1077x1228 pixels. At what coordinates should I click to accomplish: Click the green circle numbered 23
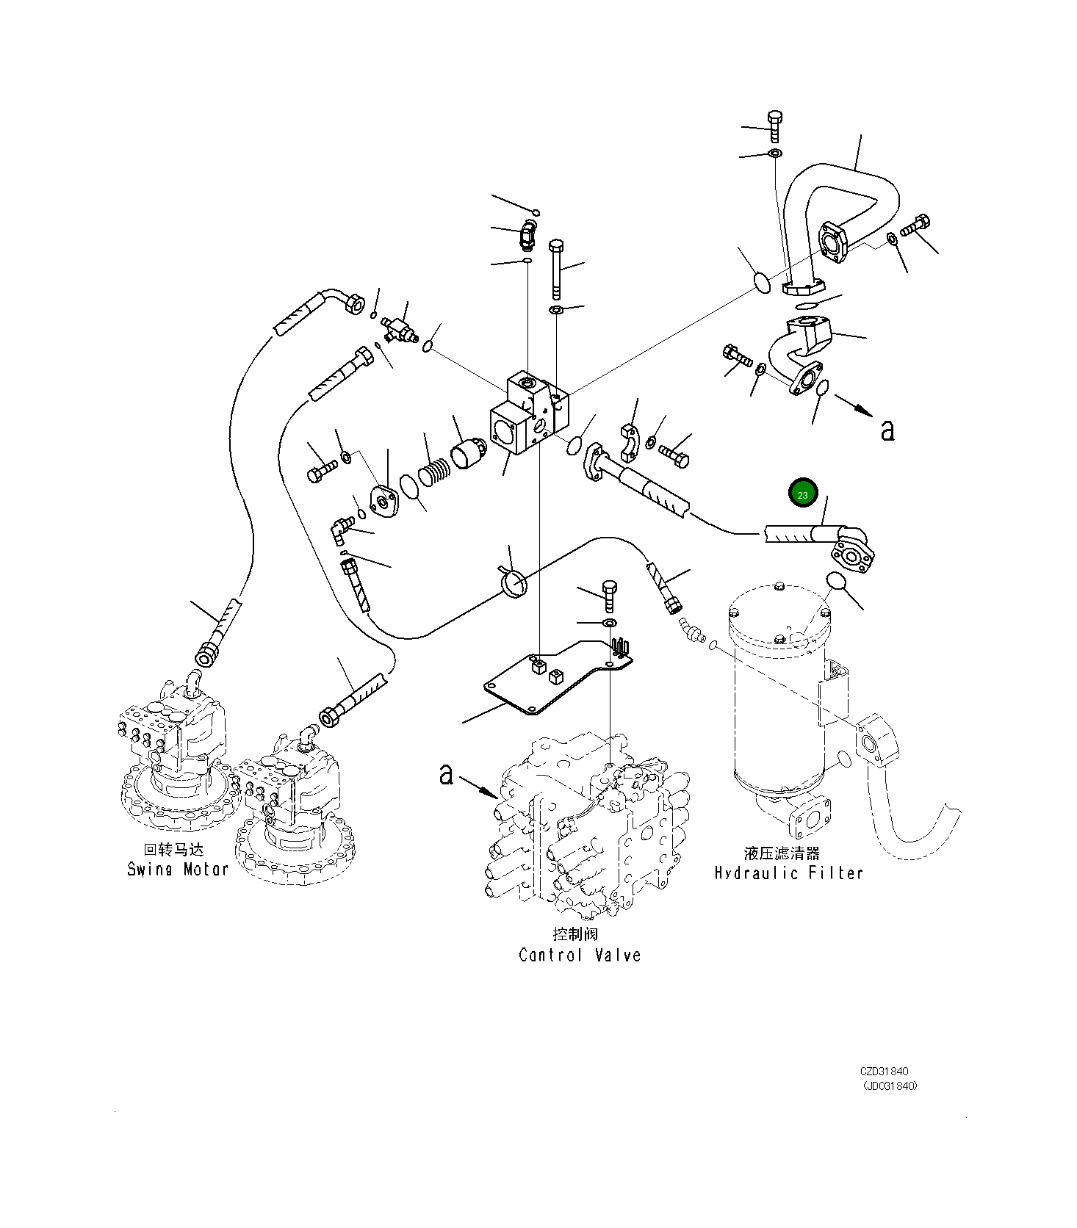click(802, 494)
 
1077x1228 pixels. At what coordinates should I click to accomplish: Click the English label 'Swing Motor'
click(178, 870)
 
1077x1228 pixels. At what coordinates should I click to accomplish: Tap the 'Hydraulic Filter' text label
click(788, 873)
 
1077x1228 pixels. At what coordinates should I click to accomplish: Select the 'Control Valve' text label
click(580, 956)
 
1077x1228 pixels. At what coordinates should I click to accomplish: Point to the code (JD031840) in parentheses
click(889, 1086)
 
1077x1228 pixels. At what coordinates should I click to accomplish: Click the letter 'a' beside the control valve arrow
click(446, 773)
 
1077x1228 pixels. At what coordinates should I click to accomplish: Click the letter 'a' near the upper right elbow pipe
click(887, 430)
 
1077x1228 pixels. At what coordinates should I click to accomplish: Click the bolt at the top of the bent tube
click(774, 126)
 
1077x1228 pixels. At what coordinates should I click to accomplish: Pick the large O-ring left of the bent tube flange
click(762, 282)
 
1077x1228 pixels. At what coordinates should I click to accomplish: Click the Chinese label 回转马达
click(173, 850)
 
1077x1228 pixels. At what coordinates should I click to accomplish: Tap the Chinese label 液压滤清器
click(782, 853)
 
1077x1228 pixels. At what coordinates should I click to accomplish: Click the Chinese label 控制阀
click(575, 934)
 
